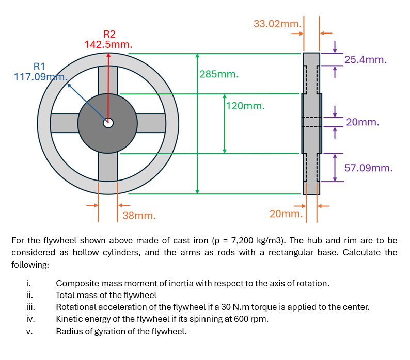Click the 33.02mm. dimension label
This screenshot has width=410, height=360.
pos(277,24)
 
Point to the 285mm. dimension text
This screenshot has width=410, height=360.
pos(219,74)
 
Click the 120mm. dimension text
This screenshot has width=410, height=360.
pos(245,106)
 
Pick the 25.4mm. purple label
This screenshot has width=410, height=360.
pos(366,60)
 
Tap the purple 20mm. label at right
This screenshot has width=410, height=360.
pos(363,122)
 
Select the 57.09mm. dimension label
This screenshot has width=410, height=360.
pos(368,168)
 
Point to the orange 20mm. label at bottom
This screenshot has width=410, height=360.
pos(286,214)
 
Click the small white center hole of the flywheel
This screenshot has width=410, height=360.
pos(108,123)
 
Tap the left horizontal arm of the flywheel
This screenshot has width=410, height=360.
pos(64,123)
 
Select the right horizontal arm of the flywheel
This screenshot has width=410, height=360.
pos(151,123)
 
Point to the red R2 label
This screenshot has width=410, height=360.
pos(109,34)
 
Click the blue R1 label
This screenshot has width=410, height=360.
pos(40,67)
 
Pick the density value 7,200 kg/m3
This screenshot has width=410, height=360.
pos(259,241)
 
